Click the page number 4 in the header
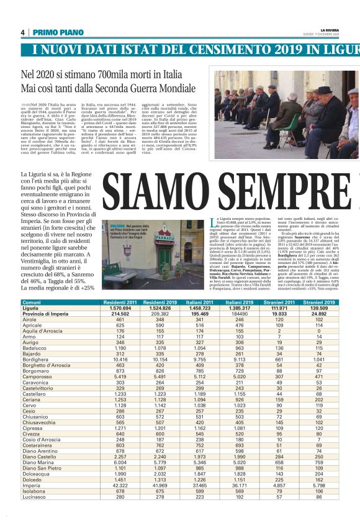pos(22,32)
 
